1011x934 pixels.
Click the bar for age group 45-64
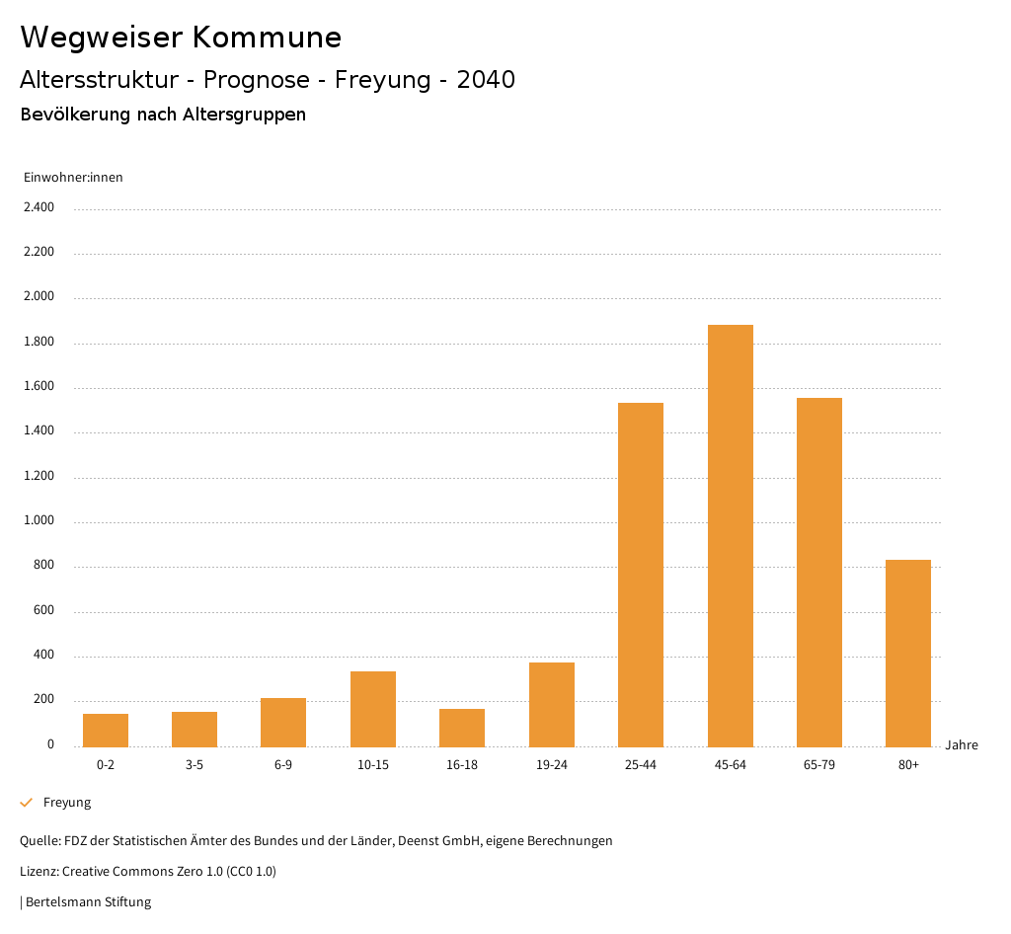[x=731, y=535]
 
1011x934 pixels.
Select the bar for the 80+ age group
[x=908, y=653]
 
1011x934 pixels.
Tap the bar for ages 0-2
[x=106, y=730]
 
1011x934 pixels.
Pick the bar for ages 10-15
[x=373, y=709]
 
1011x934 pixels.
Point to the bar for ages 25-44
[x=641, y=575]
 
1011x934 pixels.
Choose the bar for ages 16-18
[x=462, y=728]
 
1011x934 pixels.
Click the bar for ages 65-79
[x=819, y=572]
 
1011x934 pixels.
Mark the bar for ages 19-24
[x=552, y=704]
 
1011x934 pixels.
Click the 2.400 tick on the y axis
[x=39, y=207]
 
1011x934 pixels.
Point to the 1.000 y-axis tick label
[x=39, y=520]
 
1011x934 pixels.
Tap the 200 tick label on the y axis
[x=43, y=700]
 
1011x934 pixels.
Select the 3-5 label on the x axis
[x=194, y=765]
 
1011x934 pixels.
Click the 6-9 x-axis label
[x=283, y=765]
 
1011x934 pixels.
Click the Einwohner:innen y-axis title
[x=73, y=178]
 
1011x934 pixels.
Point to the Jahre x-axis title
[x=962, y=744]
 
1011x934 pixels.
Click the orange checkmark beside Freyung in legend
[x=27, y=803]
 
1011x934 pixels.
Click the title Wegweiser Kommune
[x=181, y=38]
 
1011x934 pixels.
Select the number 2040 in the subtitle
[x=486, y=80]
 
